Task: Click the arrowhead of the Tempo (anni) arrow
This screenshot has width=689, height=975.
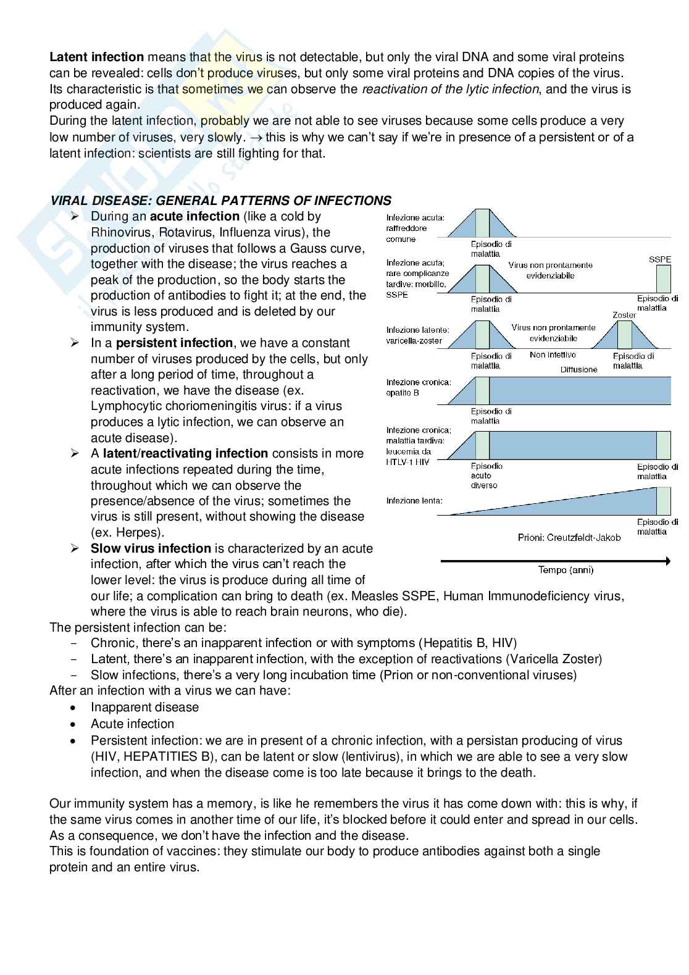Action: [x=667, y=561]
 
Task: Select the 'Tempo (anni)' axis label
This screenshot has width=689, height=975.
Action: [x=566, y=570]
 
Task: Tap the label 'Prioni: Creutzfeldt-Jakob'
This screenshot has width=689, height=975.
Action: [x=569, y=538]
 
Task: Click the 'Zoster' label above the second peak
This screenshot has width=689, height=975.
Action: [x=624, y=315]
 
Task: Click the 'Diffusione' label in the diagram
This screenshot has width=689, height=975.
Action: [x=579, y=369]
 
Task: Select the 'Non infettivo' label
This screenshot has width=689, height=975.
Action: [x=553, y=355]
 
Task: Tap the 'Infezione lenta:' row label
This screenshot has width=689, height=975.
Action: [x=414, y=501]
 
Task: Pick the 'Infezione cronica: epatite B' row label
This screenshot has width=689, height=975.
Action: [x=419, y=387]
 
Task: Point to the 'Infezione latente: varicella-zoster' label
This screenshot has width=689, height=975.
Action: [x=417, y=335]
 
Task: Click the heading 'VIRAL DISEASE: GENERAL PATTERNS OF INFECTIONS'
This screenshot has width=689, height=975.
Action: [x=220, y=201]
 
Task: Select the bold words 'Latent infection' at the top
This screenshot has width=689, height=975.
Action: [x=96, y=57]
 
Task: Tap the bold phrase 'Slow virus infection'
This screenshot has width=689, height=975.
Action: [x=151, y=548]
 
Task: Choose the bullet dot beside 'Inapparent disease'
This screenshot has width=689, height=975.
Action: [x=74, y=708]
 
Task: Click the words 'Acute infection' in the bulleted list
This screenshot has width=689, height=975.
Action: [x=132, y=724]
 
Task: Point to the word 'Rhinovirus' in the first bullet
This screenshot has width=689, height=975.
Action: [x=121, y=232]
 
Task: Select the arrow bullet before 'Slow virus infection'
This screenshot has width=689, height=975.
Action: [x=75, y=548]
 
